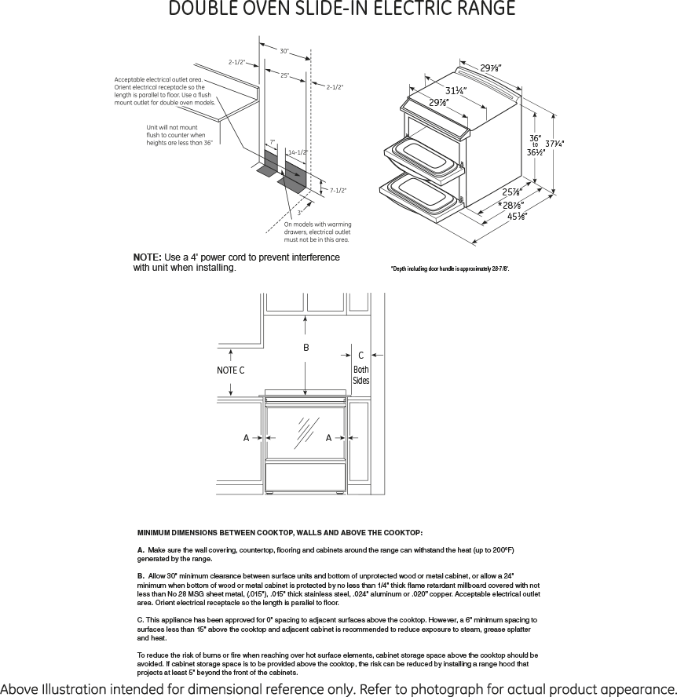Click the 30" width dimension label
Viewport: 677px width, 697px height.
coord(284,51)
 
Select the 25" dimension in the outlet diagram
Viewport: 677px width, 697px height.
coord(284,75)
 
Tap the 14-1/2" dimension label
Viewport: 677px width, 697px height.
coord(297,152)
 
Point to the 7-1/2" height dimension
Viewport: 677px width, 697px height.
coord(338,190)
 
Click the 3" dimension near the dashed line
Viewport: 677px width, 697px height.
coord(299,213)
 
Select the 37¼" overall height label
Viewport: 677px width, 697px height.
coord(555,143)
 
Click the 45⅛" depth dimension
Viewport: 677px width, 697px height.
coord(517,217)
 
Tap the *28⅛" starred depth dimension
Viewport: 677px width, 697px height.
coord(511,205)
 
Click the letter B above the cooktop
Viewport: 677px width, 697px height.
coord(306,347)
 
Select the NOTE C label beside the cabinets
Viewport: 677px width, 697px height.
coord(230,370)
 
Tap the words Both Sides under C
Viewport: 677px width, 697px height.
coord(360,375)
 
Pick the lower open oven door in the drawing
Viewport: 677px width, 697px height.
coord(419,194)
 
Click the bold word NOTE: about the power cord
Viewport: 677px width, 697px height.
coord(147,257)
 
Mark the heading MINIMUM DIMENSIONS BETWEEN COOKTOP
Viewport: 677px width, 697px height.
coord(280,533)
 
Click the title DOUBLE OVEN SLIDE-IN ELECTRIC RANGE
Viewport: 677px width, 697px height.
coord(342,9)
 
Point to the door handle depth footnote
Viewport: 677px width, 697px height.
coord(450,269)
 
